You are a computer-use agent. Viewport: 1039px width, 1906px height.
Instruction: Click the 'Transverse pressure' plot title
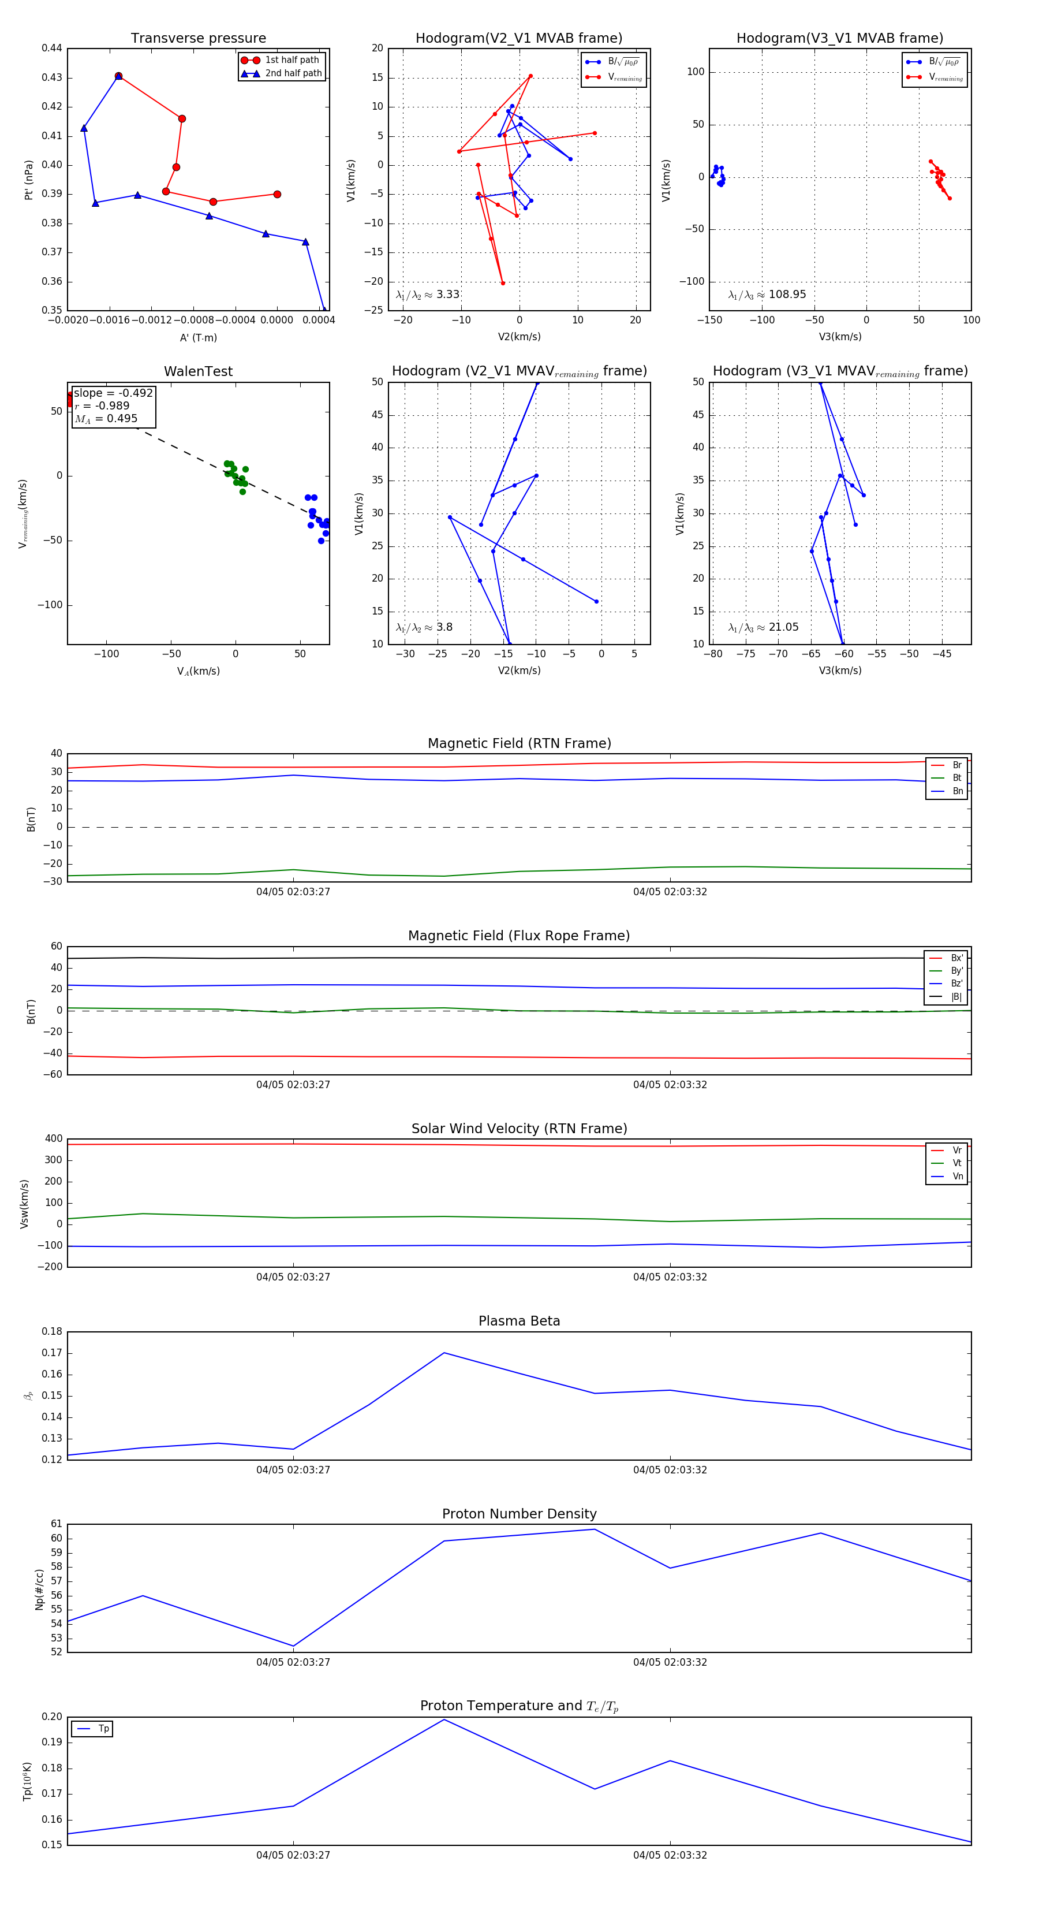198,39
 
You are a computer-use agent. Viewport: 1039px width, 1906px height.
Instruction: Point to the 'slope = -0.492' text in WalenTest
113,393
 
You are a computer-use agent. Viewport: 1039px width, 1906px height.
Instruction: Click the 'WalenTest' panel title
198,371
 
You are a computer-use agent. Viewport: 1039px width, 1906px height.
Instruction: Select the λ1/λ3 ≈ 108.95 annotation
767,295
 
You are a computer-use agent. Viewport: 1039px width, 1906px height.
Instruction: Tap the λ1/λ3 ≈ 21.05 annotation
763,627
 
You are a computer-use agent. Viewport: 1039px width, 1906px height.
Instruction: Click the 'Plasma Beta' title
519,1321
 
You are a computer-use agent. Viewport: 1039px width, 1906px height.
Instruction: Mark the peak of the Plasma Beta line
444,1353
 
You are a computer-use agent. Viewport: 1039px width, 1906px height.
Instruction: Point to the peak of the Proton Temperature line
444,1719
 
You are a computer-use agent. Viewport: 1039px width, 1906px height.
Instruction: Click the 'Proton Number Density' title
519,1514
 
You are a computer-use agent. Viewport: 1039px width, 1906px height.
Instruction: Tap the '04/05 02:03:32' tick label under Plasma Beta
670,1470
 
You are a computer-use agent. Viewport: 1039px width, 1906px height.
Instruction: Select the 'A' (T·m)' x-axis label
198,338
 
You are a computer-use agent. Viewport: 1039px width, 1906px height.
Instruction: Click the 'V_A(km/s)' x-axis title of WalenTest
198,671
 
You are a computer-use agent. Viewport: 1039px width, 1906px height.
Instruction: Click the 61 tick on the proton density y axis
56,1524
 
